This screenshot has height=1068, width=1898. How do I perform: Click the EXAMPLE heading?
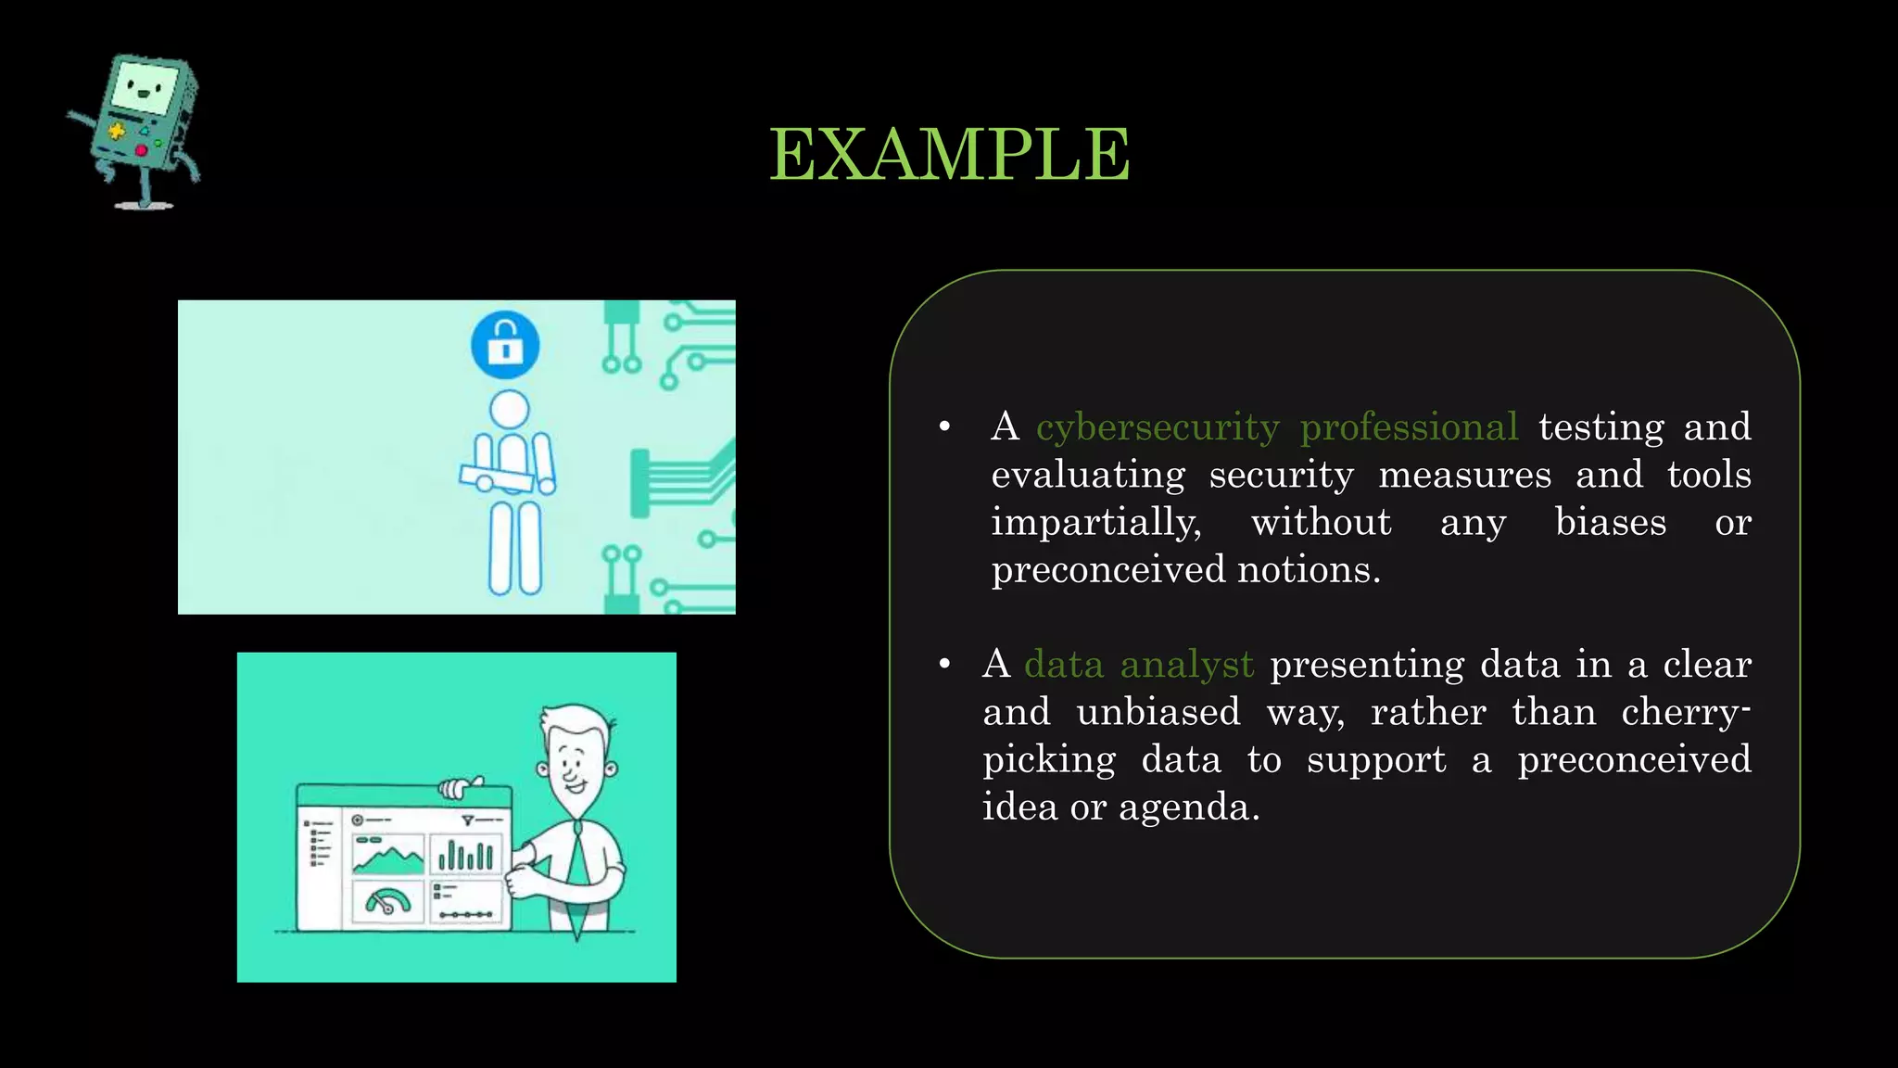(949, 154)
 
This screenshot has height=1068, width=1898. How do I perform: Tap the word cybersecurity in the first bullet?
(1158, 427)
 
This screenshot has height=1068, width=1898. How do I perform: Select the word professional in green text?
(1409, 427)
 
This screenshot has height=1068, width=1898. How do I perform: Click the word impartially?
(1095, 523)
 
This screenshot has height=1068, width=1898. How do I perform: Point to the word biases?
(1611, 522)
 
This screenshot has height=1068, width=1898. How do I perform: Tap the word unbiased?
(1158, 712)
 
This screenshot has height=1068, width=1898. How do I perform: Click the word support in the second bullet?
(1376, 760)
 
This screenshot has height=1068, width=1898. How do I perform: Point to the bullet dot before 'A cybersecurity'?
(944, 427)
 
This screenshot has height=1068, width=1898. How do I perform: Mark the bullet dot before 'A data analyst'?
(944, 665)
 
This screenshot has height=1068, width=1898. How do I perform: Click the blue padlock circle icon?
(505, 345)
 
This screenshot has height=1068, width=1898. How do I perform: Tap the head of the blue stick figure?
(509, 409)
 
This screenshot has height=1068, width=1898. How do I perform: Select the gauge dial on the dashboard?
(387, 901)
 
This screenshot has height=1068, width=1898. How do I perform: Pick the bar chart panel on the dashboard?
(465, 854)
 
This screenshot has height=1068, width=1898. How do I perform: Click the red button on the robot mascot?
(142, 150)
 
